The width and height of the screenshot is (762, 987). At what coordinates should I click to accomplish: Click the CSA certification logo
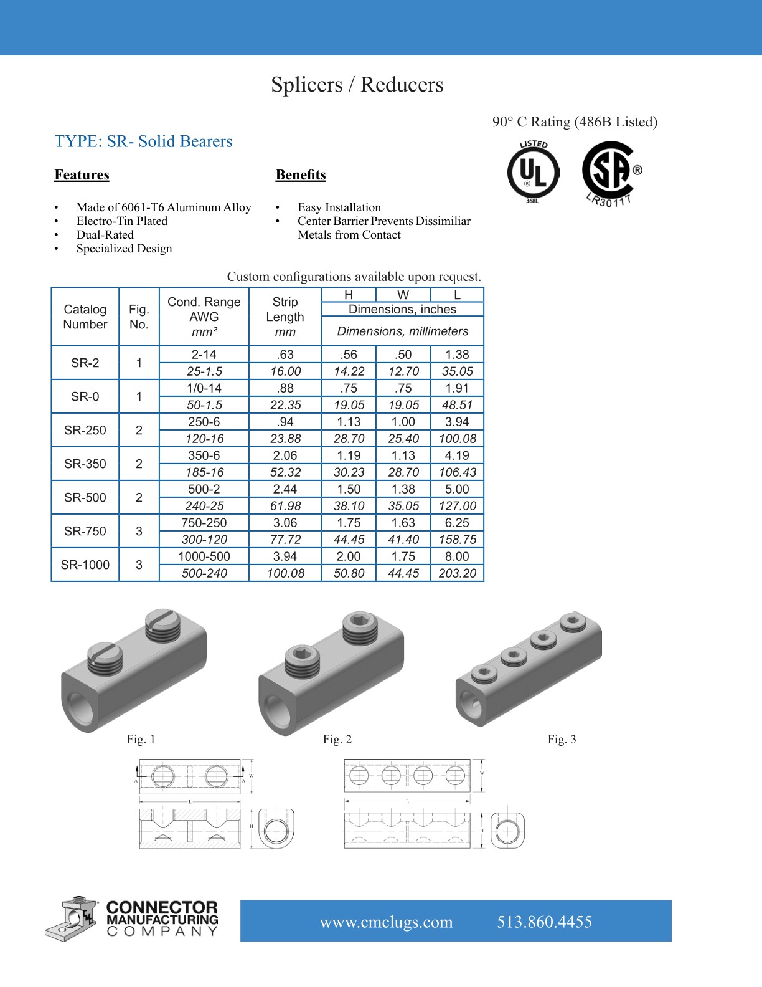click(611, 171)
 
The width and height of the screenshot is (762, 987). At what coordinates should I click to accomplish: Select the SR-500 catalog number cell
click(85, 497)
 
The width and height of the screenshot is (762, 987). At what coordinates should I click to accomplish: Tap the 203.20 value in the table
click(457, 573)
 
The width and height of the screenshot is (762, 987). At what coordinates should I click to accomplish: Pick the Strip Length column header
click(285, 317)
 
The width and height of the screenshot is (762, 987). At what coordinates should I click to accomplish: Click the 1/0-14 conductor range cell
click(204, 388)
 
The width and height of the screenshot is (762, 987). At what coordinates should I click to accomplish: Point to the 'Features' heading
click(82, 175)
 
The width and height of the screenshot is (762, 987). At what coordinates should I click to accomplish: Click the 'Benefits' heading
click(301, 175)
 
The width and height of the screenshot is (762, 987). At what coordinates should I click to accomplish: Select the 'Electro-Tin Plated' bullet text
click(122, 221)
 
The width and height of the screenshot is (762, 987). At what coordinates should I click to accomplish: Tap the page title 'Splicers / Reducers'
click(357, 85)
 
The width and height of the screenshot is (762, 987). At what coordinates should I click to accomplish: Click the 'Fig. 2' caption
click(337, 740)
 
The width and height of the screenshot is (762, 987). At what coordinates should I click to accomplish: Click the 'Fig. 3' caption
click(562, 740)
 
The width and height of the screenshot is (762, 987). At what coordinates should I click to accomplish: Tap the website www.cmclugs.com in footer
click(386, 922)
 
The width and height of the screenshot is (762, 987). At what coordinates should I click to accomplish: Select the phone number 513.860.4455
click(544, 922)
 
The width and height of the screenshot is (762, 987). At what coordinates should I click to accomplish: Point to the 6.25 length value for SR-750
click(457, 523)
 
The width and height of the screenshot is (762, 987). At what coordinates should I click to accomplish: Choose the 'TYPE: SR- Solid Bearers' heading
click(143, 141)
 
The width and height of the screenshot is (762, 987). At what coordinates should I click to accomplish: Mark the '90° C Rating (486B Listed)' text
click(575, 122)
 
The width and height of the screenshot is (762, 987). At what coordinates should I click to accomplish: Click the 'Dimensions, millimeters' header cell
click(402, 331)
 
